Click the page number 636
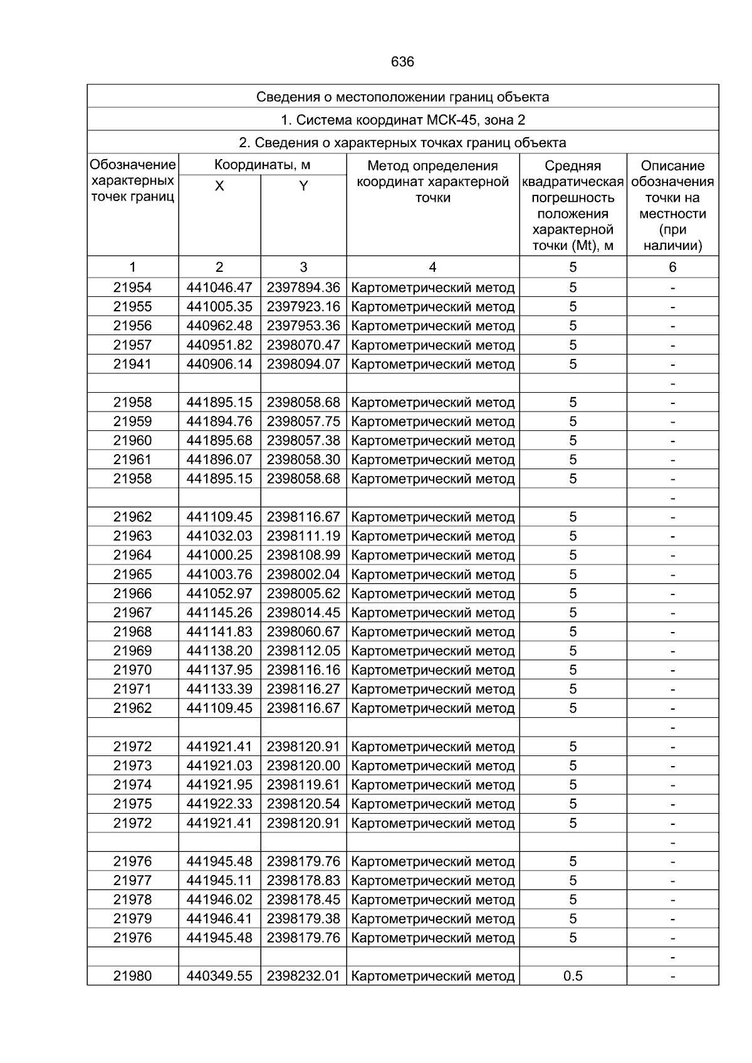[x=402, y=62]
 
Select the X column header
[x=219, y=186]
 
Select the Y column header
[x=303, y=186]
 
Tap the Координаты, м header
[x=262, y=165]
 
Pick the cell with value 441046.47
[x=219, y=288]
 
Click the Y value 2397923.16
[x=303, y=307]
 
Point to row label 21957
[x=132, y=345]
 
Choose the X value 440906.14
[x=219, y=364]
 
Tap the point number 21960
[x=132, y=440]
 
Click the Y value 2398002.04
[x=303, y=574]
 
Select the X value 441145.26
[x=219, y=613]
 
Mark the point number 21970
[x=132, y=670]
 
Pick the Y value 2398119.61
[x=303, y=785]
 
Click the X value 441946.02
[x=219, y=900]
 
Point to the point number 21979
[x=132, y=919]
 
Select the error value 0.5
[x=573, y=976]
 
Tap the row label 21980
[x=132, y=976]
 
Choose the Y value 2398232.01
[x=303, y=976]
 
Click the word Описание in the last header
[x=672, y=166]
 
